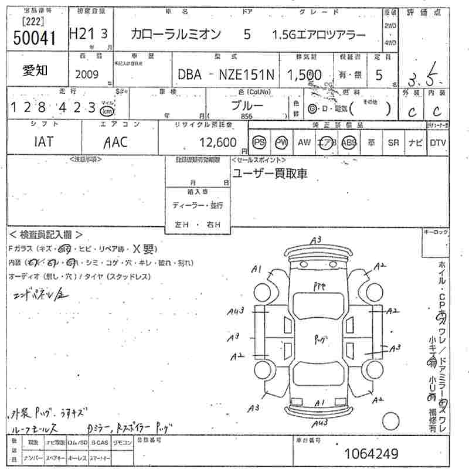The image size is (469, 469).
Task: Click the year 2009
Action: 87,74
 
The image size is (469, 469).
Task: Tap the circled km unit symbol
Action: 107,111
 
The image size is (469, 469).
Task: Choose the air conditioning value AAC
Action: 115,142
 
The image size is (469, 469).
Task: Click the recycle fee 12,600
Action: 217,142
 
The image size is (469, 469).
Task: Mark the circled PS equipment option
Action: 259,142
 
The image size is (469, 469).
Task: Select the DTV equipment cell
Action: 438,142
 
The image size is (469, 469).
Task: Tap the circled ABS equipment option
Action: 349,142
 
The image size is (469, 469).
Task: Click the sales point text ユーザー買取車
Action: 270,174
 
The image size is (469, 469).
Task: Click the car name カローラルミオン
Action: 176,35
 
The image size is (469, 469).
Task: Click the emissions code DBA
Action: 189,74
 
